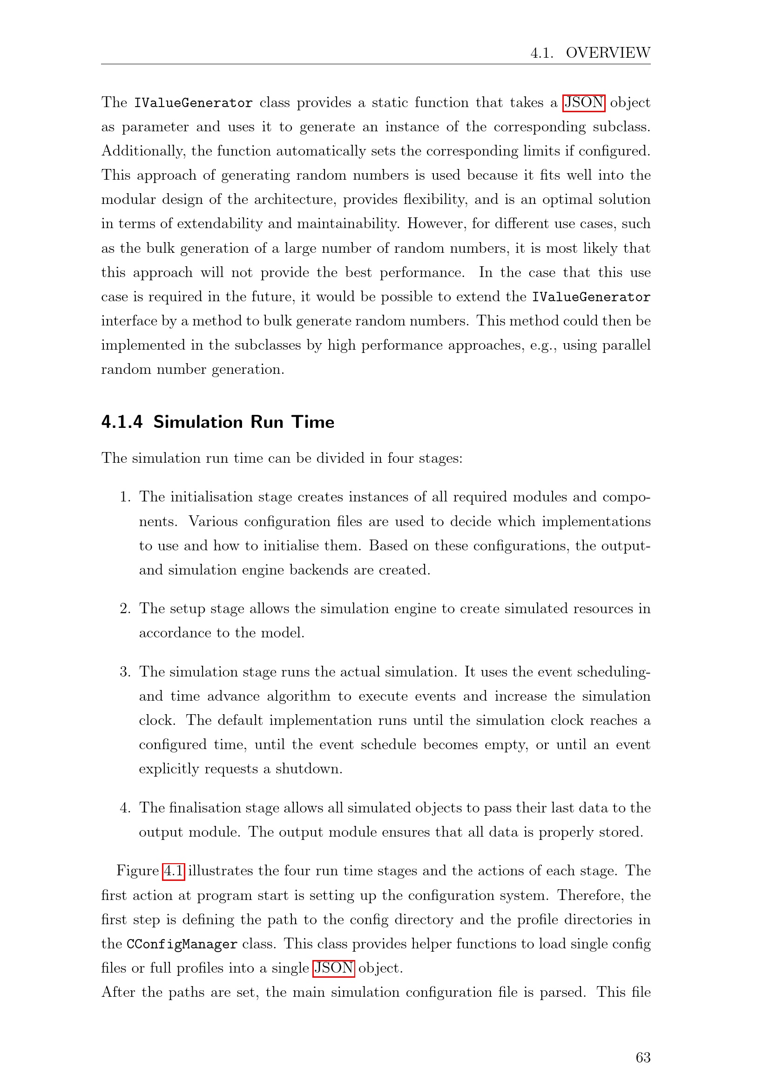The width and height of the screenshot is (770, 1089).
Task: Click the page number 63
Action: click(x=643, y=1057)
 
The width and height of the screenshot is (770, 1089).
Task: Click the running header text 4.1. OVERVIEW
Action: click(x=590, y=53)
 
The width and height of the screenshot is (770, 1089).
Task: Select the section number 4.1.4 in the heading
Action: click(x=122, y=422)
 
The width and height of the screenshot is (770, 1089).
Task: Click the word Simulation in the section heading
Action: click(x=198, y=422)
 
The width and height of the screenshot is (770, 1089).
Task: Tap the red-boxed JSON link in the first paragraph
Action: click(x=584, y=102)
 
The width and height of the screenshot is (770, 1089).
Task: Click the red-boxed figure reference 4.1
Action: click(x=173, y=871)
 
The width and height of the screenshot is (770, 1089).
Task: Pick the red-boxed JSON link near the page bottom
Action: click(x=334, y=968)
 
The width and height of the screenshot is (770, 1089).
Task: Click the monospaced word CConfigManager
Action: click(x=182, y=944)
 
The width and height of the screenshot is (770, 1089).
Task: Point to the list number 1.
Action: click(x=125, y=497)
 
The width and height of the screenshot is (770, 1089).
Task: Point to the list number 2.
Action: click(x=125, y=609)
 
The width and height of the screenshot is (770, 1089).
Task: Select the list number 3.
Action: click(x=125, y=672)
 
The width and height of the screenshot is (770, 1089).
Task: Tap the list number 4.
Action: click(x=125, y=808)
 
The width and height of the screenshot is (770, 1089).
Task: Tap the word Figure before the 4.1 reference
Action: click(x=137, y=871)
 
